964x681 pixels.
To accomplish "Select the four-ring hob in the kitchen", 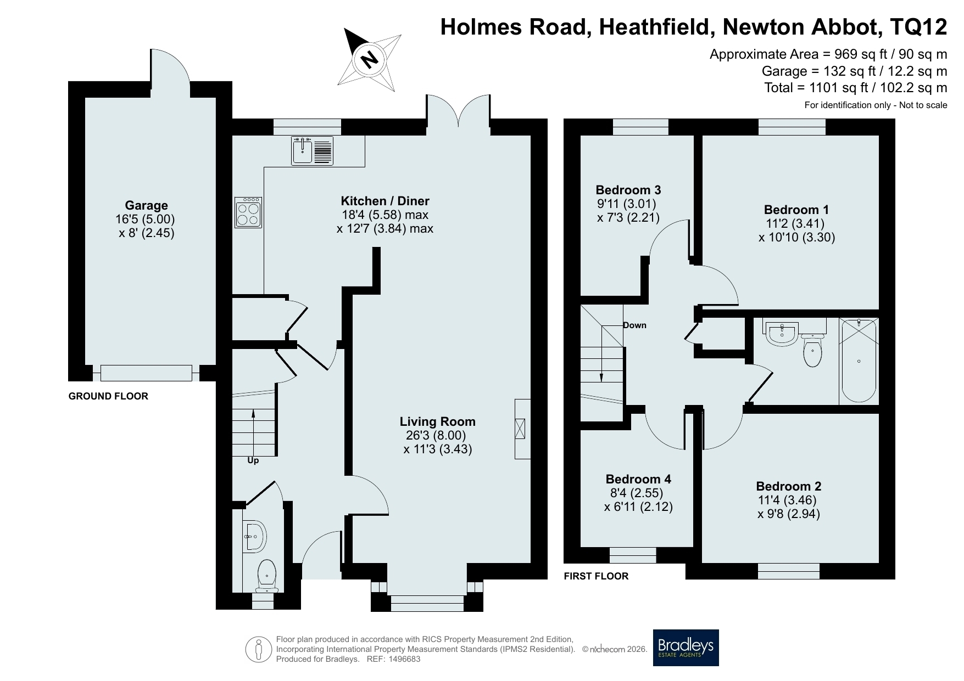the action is pyautogui.click(x=248, y=212).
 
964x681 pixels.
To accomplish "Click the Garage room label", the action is pyautogui.click(x=146, y=206).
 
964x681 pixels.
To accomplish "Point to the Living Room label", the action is pyautogui.click(x=437, y=421).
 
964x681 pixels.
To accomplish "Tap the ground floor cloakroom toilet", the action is pyautogui.click(x=267, y=576).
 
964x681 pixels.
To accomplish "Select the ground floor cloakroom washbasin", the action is pyautogui.click(x=254, y=536).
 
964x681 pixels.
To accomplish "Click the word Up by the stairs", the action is pyautogui.click(x=253, y=460).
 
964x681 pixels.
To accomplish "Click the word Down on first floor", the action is pyautogui.click(x=634, y=325).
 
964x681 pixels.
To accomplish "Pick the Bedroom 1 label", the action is pyautogui.click(x=796, y=210).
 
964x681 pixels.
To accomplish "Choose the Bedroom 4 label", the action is pyautogui.click(x=638, y=479).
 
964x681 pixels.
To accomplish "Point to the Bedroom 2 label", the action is pyautogui.click(x=789, y=486).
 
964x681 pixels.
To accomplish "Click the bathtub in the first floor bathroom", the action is pyautogui.click(x=859, y=361).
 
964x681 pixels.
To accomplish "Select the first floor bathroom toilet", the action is pyautogui.click(x=812, y=350).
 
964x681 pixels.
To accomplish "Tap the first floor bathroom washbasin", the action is pyautogui.click(x=781, y=333).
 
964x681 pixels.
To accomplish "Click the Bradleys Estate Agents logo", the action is pyautogui.click(x=686, y=648).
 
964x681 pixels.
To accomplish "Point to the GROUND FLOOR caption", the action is pyautogui.click(x=108, y=396).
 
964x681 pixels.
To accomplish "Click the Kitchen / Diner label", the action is pyautogui.click(x=385, y=201).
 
